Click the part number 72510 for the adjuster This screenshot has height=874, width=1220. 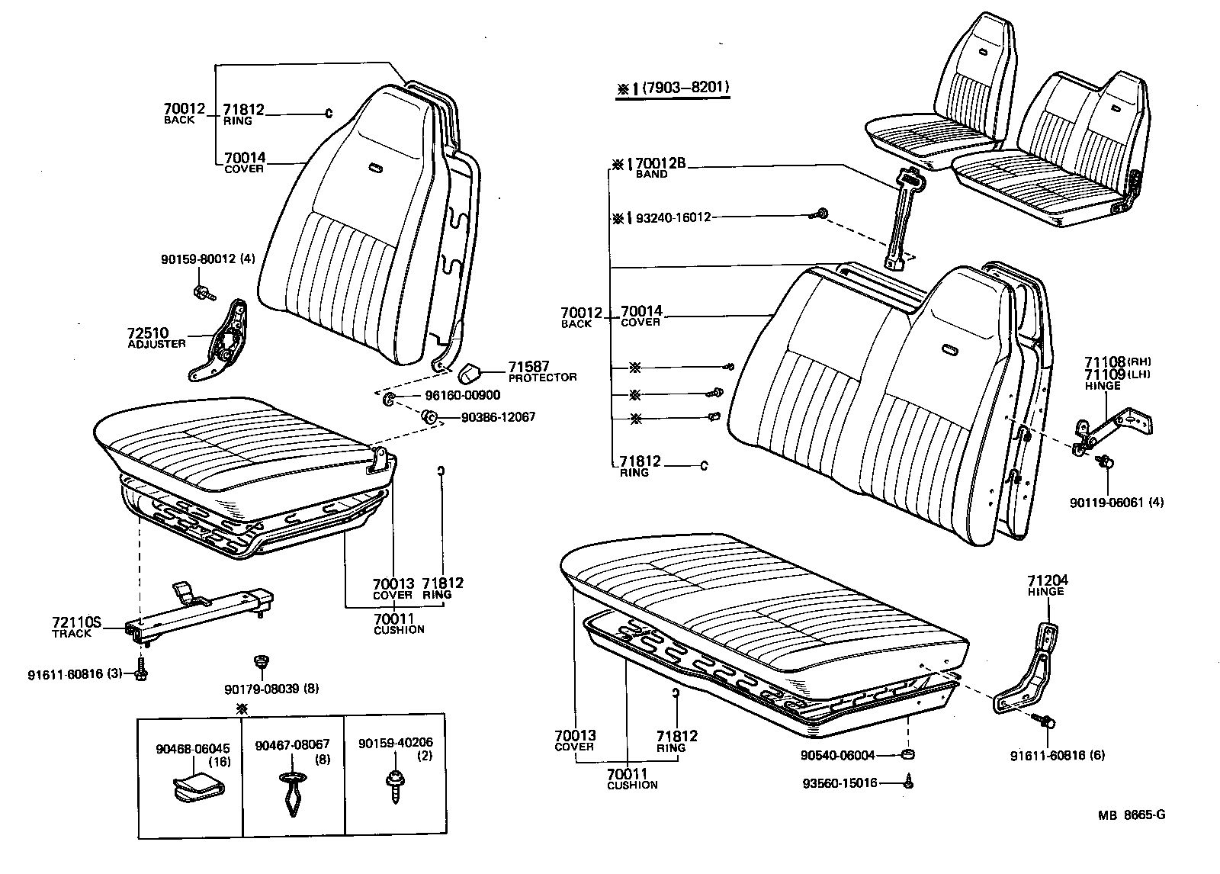(147, 333)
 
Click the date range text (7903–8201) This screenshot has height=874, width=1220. (685, 88)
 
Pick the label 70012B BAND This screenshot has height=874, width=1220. (660, 162)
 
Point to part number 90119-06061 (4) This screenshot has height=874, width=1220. (1109, 502)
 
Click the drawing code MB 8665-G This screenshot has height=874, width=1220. (1132, 815)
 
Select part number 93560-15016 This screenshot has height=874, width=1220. (840, 782)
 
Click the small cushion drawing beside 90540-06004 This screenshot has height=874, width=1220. (908, 754)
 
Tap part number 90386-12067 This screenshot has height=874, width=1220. (498, 417)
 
